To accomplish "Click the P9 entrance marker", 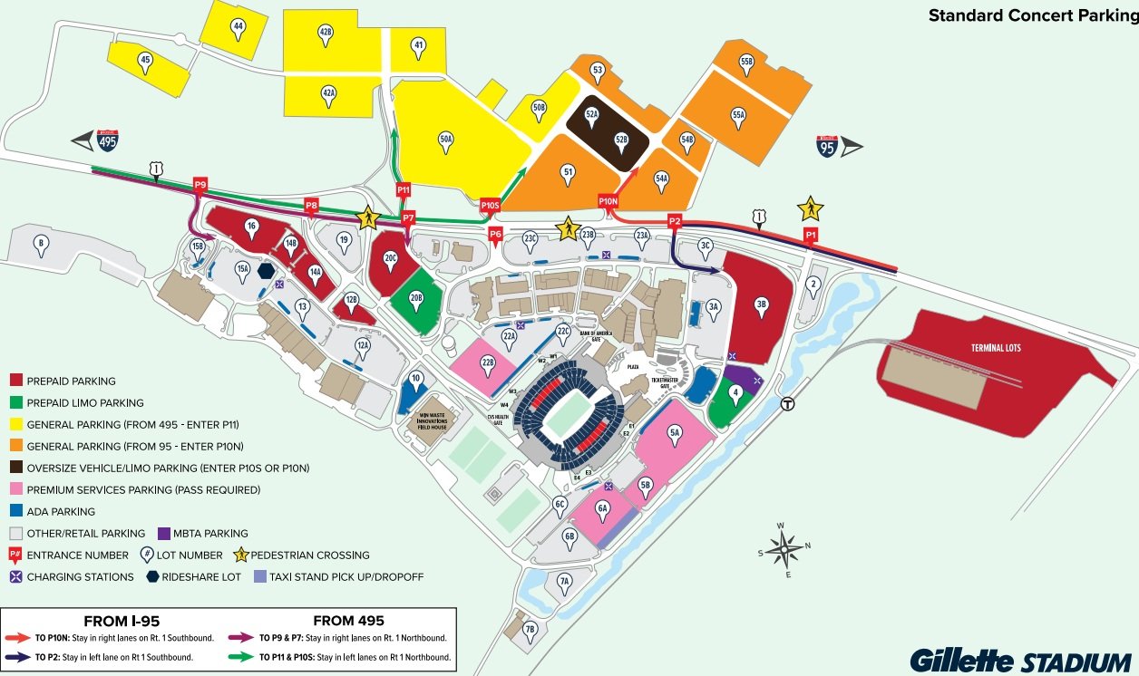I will pyautogui.click(x=200, y=186).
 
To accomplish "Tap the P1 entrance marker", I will pyautogui.click(x=811, y=235).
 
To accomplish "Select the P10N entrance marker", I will pyautogui.click(x=608, y=201).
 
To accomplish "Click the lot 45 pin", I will pyautogui.click(x=145, y=62).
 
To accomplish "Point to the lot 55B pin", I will pyautogui.click(x=746, y=63).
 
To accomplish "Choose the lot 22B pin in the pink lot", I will pyautogui.click(x=488, y=364).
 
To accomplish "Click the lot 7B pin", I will pyautogui.click(x=531, y=628).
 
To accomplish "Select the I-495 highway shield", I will pyautogui.click(x=108, y=140).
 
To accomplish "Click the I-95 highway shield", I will pyautogui.click(x=826, y=146).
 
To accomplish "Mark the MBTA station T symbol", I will pyautogui.click(x=788, y=405).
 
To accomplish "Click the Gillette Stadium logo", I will pyautogui.click(x=1019, y=660).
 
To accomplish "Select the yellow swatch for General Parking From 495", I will pyautogui.click(x=15, y=425).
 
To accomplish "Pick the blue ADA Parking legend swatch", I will pyautogui.click(x=15, y=512).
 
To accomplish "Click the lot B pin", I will pyautogui.click(x=40, y=243).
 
